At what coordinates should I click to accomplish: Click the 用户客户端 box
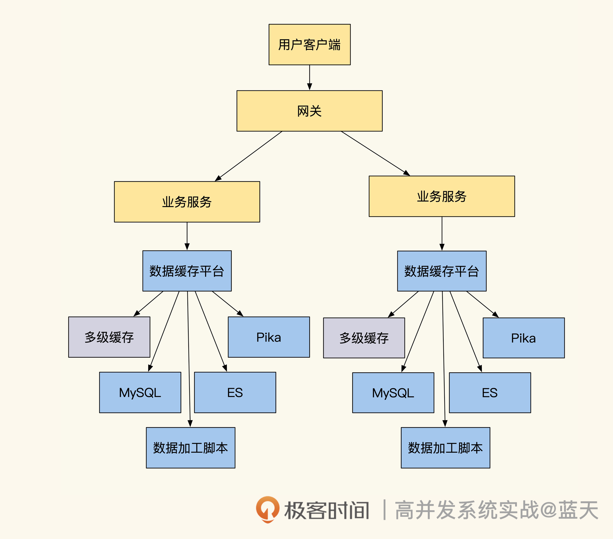point(310,44)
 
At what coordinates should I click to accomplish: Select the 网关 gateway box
point(310,111)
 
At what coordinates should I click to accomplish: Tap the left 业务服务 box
point(187,202)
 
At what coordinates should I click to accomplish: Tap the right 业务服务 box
point(442,196)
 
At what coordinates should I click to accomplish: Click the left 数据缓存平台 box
point(187,271)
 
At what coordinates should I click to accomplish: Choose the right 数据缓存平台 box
point(442,271)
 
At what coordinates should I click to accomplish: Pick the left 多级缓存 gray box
point(109,337)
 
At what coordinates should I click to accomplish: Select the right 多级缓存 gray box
point(364,338)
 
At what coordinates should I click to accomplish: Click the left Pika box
point(269,337)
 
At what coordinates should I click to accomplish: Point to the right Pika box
point(524,338)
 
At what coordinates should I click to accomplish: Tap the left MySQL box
point(140,393)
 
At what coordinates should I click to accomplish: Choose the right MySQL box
point(393,393)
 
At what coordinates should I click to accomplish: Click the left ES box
point(235,393)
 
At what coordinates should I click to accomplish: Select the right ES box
point(490,393)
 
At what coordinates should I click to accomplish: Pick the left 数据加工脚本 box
point(190,448)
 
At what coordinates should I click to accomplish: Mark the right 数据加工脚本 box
point(445,448)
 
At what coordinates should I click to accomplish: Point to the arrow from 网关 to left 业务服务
point(249,156)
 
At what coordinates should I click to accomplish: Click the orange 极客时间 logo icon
point(268,509)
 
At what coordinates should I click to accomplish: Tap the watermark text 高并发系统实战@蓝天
point(496,510)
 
